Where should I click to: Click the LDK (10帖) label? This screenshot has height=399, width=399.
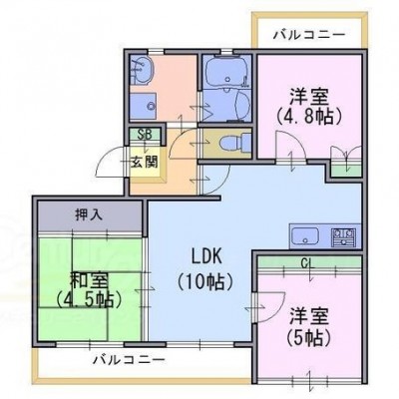204,269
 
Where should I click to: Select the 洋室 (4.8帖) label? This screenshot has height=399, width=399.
309,107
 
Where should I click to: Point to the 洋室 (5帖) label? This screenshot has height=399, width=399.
309,327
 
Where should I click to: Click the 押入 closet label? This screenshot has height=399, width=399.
89,215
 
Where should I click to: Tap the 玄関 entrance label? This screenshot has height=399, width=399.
144,163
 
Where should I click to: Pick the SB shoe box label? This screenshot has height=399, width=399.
145,135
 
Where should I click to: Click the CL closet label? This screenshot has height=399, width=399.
308,262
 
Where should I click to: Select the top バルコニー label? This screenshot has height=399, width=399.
309,34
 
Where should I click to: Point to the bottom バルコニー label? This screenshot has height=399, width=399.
129,360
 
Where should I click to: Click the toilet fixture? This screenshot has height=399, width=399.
236,143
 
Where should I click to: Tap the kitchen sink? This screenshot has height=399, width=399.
305,236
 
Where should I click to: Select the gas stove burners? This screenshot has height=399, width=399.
343,236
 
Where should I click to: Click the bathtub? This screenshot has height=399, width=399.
227,71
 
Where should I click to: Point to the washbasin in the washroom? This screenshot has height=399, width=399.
143,71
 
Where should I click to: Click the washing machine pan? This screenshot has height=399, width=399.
143,107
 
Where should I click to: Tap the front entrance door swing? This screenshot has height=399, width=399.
111,162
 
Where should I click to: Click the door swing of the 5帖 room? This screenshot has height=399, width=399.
270,307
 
